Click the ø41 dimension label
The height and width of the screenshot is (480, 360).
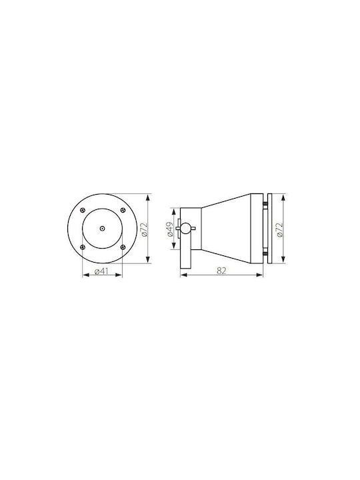pos(102,271)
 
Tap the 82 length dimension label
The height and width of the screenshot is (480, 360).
pos(221,271)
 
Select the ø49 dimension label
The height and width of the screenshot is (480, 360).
pos(170,229)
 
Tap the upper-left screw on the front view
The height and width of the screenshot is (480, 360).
pos(82,210)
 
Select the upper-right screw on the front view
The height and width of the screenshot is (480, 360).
pos(123,210)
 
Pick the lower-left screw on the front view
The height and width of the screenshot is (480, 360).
pos(82,247)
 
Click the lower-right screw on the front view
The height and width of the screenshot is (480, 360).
pos(123,247)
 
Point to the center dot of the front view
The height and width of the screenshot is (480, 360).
pos(102,229)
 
